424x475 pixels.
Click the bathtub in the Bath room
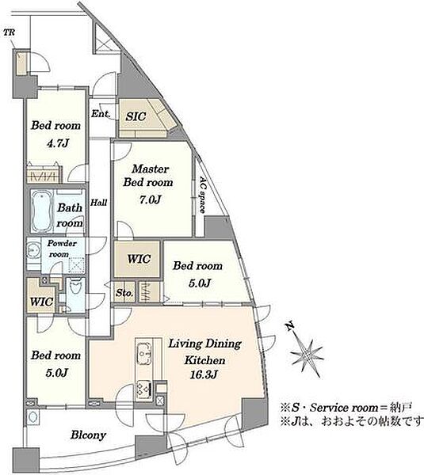[x=42, y=211]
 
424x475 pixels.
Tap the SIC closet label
[x=136, y=116]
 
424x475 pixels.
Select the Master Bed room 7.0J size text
[x=150, y=199]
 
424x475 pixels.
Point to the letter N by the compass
[x=289, y=326]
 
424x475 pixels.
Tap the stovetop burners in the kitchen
[x=144, y=387]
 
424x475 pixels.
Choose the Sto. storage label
[x=124, y=293]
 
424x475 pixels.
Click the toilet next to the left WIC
[x=75, y=288]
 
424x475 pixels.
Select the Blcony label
[x=88, y=435]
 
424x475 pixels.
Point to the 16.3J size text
[x=204, y=374]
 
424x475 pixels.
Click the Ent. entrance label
[x=101, y=114]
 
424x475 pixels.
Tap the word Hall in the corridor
[x=98, y=203]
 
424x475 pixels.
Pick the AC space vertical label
[x=202, y=195]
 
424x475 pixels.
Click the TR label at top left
[x=9, y=32]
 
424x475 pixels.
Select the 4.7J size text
[x=58, y=143]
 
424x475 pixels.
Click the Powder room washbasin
[x=32, y=250]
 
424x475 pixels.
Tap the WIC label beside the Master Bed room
[x=139, y=259]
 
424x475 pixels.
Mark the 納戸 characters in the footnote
[x=400, y=408]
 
